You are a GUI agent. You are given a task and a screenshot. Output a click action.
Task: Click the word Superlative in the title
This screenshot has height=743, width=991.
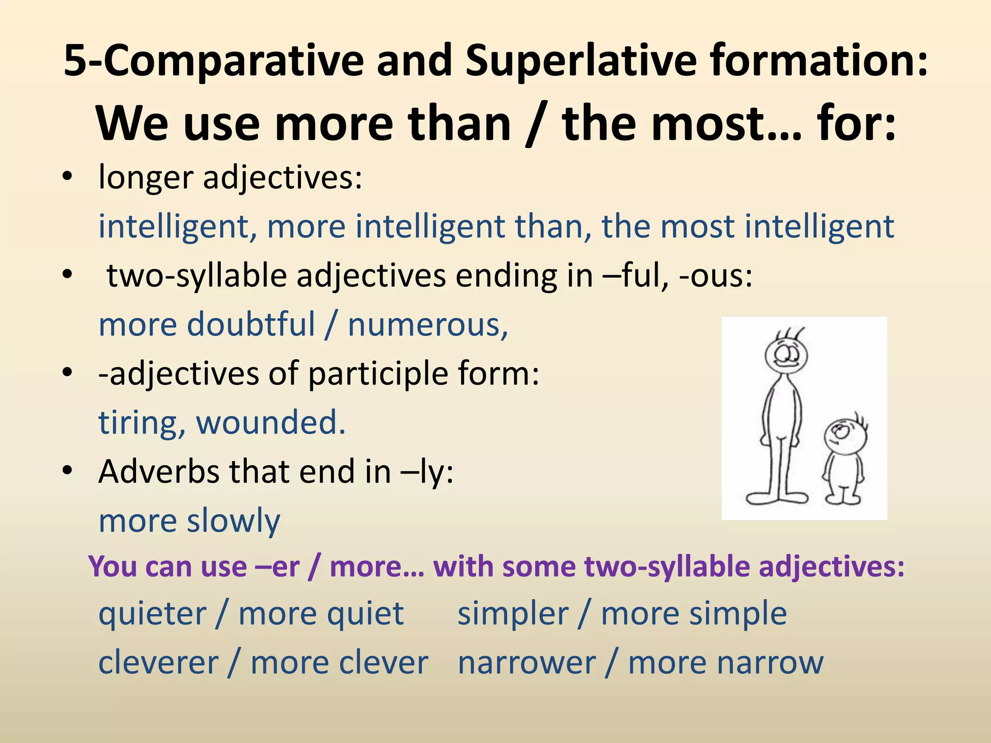click(x=581, y=60)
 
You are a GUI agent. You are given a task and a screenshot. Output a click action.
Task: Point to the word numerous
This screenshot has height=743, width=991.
click(x=428, y=325)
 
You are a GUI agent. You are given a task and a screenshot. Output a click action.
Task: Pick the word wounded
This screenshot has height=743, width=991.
click(x=270, y=422)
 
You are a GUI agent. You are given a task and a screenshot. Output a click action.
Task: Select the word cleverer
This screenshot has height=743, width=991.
click(x=158, y=663)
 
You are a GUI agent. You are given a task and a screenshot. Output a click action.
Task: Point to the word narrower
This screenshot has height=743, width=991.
click(x=526, y=663)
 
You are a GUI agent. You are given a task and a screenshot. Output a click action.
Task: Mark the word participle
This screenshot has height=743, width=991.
click(x=378, y=374)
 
